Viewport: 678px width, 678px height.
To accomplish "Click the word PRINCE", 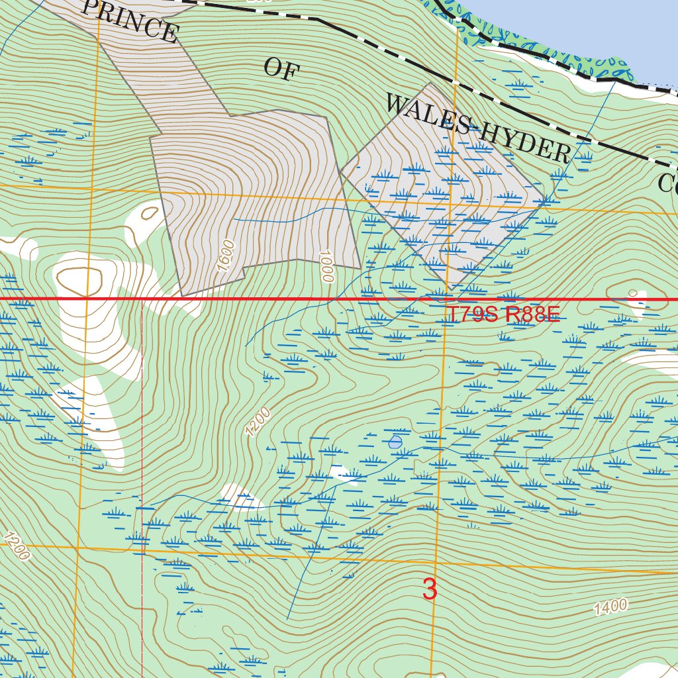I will (x=130, y=20).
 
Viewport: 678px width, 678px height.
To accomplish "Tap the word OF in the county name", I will (x=279, y=69).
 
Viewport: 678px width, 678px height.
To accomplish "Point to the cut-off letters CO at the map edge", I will (x=667, y=182).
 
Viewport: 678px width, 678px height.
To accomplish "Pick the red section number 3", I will (x=430, y=589).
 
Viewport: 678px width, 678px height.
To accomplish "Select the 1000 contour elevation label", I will (x=324, y=266).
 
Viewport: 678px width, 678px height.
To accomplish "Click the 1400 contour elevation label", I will (x=610, y=606).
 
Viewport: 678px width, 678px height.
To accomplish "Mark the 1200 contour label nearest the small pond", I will (x=258, y=422).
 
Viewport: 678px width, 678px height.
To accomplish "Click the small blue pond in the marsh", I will (x=395, y=442).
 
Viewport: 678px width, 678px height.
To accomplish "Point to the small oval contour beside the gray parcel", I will (x=150, y=213).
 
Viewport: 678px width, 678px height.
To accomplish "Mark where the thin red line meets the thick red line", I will (x=142, y=300).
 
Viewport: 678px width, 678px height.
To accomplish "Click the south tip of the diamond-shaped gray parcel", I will (x=451, y=289).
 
